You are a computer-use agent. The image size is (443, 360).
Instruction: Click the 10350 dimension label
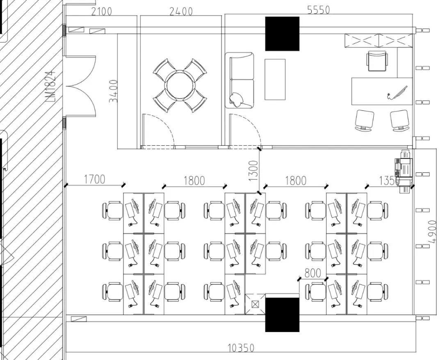(x=241, y=348)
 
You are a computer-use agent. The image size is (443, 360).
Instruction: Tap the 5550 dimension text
(x=318, y=10)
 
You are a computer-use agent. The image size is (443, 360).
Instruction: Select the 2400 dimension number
(x=181, y=11)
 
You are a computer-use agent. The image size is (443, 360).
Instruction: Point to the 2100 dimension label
(x=102, y=11)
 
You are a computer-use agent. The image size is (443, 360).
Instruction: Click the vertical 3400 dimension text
(x=113, y=92)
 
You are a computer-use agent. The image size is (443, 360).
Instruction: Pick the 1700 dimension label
(x=95, y=179)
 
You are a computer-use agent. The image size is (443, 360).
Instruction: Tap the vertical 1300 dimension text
(x=253, y=171)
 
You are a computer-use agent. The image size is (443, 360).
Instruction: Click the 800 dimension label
(x=313, y=273)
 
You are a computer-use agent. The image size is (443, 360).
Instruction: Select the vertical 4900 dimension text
(x=432, y=232)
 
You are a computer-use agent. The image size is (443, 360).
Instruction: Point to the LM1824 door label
(x=50, y=86)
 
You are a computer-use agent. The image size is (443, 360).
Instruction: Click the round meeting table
(x=180, y=85)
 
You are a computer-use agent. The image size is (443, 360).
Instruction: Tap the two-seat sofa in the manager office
(x=240, y=80)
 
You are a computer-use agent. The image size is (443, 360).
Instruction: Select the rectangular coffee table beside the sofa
(x=275, y=80)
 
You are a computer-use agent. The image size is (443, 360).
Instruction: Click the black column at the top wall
(x=282, y=34)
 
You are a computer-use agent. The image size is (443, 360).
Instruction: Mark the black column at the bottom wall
(x=282, y=314)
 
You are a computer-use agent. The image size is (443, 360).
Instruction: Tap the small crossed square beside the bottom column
(x=255, y=304)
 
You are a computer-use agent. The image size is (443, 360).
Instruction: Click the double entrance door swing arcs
(x=80, y=86)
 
